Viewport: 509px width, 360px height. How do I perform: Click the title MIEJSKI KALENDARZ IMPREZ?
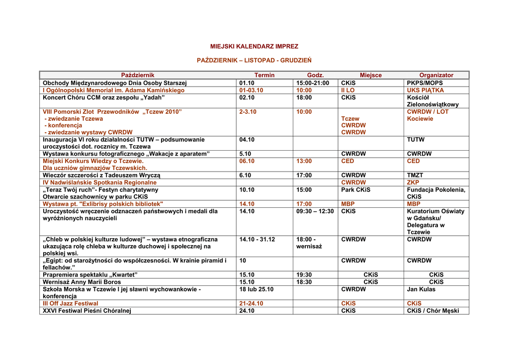254,46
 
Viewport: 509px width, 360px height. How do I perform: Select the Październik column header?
138,75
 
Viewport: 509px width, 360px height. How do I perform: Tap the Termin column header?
264,75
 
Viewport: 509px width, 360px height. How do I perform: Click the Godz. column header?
315,75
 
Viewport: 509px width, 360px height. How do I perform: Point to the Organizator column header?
436,75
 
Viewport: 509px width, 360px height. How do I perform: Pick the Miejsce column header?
370,75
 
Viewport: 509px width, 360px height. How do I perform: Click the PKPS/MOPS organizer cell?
424,83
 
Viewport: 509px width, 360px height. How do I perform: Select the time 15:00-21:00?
313,83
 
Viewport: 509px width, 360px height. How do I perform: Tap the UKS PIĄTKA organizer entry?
425,90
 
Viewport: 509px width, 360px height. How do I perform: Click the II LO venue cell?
348,90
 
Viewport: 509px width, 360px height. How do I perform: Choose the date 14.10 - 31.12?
257,239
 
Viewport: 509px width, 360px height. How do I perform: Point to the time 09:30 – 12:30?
315,211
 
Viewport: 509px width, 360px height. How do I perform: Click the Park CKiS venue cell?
355,190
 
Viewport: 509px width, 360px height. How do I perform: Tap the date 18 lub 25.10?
256,289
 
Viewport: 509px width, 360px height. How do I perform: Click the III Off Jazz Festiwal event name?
71,303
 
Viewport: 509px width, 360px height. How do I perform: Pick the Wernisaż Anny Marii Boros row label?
82,282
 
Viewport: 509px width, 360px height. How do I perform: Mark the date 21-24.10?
251,303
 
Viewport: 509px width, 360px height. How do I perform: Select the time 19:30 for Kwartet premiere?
304,275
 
